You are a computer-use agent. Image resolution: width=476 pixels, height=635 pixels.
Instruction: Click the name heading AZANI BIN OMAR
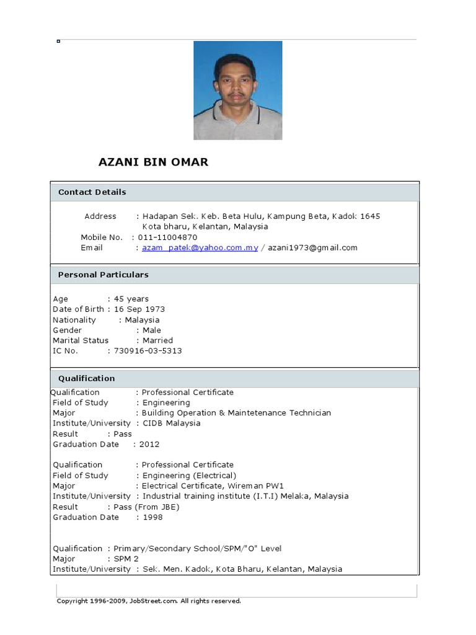click(154, 162)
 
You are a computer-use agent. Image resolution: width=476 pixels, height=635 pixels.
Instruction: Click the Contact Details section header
click(92, 192)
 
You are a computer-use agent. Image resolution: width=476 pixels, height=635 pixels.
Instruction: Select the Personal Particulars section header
click(103, 275)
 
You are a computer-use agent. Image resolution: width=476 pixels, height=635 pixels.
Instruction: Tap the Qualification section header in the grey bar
click(86, 378)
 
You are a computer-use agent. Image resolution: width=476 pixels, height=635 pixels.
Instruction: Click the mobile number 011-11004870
click(167, 238)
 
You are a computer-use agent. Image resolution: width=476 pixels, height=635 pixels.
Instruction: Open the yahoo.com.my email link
click(200, 248)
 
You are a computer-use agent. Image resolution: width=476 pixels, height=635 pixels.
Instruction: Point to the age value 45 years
click(131, 299)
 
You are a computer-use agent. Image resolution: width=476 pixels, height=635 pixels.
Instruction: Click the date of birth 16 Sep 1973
click(139, 309)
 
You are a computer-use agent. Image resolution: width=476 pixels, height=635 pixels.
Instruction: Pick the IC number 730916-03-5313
click(148, 351)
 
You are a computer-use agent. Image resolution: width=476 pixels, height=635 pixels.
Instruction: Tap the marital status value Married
click(157, 340)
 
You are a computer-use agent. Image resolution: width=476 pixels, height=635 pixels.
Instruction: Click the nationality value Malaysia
click(142, 320)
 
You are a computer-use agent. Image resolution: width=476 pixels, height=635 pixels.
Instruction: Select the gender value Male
click(152, 331)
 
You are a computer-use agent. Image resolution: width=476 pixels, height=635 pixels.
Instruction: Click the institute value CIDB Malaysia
click(172, 424)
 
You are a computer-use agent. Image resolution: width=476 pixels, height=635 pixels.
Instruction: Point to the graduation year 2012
click(149, 445)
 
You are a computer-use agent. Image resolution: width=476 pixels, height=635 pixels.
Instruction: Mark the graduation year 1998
click(152, 517)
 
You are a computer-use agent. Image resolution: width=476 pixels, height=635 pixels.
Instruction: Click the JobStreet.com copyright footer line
click(149, 601)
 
